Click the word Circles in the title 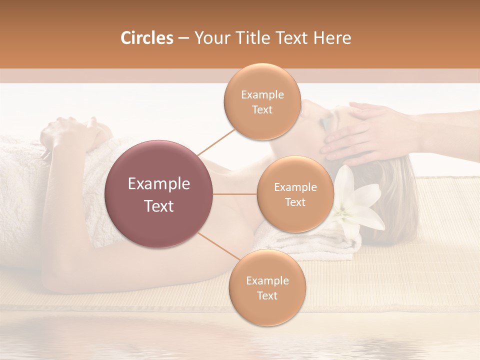pos(146,38)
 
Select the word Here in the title pos(333,38)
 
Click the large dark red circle pos(159,194)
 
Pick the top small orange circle pos(262,101)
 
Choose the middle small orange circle pos(295,194)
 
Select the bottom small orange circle pos(267,287)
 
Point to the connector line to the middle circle pos(235,194)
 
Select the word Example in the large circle pos(159,184)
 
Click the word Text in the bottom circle pos(267,295)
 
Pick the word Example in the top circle pos(262,94)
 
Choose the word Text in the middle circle pos(295,202)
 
